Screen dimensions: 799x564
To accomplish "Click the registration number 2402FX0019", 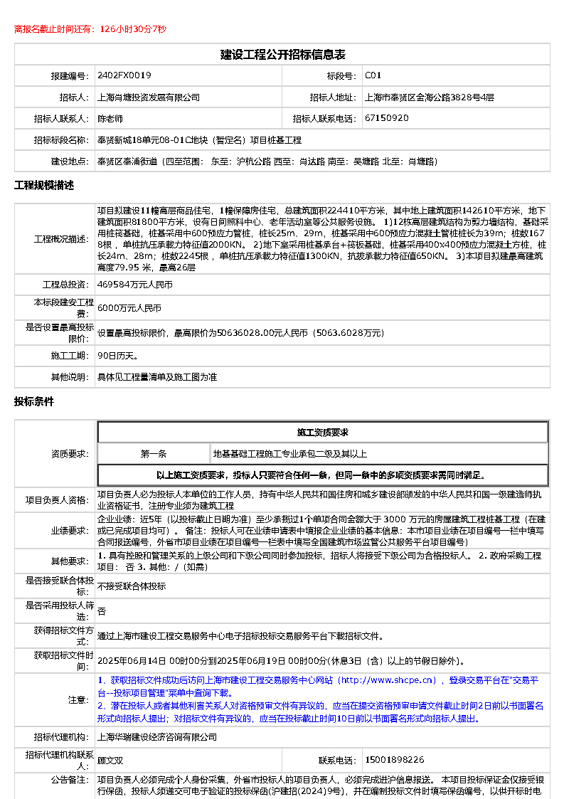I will [x=124, y=75].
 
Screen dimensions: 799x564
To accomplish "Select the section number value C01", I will [x=373, y=75].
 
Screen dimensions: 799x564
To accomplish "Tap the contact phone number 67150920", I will [x=386, y=118].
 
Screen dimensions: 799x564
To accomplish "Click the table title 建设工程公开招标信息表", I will [x=282, y=54].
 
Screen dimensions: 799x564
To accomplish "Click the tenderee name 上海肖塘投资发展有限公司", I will [x=148, y=97].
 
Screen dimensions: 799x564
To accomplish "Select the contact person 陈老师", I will [x=110, y=118].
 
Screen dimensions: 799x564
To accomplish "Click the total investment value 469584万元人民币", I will [x=134, y=284].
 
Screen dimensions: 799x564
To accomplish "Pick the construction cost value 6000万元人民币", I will [x=129, y=308].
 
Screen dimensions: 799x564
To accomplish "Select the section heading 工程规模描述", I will [x=44, y=186].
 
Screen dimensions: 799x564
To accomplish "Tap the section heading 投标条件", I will [x=34, y=401].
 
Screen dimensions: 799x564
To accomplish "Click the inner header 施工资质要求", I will [x=322, y=432].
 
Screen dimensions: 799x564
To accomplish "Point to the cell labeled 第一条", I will [x=153, y=453].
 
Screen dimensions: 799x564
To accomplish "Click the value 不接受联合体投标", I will [x=131, y=586].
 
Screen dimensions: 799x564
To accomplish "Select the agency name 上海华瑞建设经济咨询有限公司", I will [x=156, y=737].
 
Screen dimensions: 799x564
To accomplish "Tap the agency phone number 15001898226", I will [x=394, y=760].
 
